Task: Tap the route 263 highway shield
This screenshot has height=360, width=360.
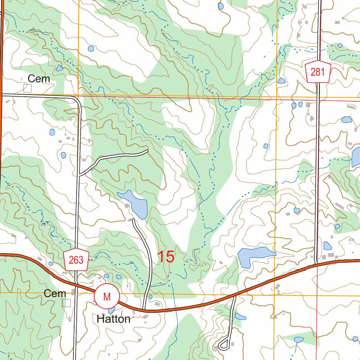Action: tap(76, 260)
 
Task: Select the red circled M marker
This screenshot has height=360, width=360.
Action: tap(107, 296)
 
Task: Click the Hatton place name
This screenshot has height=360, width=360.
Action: tap(114, 319)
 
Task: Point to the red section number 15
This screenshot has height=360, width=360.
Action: tap(166, 257)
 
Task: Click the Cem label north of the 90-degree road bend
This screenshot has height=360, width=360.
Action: tap(39, 79)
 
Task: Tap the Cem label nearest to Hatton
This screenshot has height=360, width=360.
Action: tap(55, 294)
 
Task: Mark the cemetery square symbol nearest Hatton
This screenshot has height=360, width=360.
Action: tap(66, 303)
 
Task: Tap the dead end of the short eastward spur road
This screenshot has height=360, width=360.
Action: tap(147, 151)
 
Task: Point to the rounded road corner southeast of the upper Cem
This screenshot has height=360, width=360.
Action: tap(77, 100)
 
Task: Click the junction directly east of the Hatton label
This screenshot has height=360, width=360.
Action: tap(144, 310)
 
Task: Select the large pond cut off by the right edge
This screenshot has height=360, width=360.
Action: tap(356, 157)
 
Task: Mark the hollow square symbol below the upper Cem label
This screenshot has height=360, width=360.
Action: tap(27, 88)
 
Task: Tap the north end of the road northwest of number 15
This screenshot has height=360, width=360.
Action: tap(133, 220)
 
